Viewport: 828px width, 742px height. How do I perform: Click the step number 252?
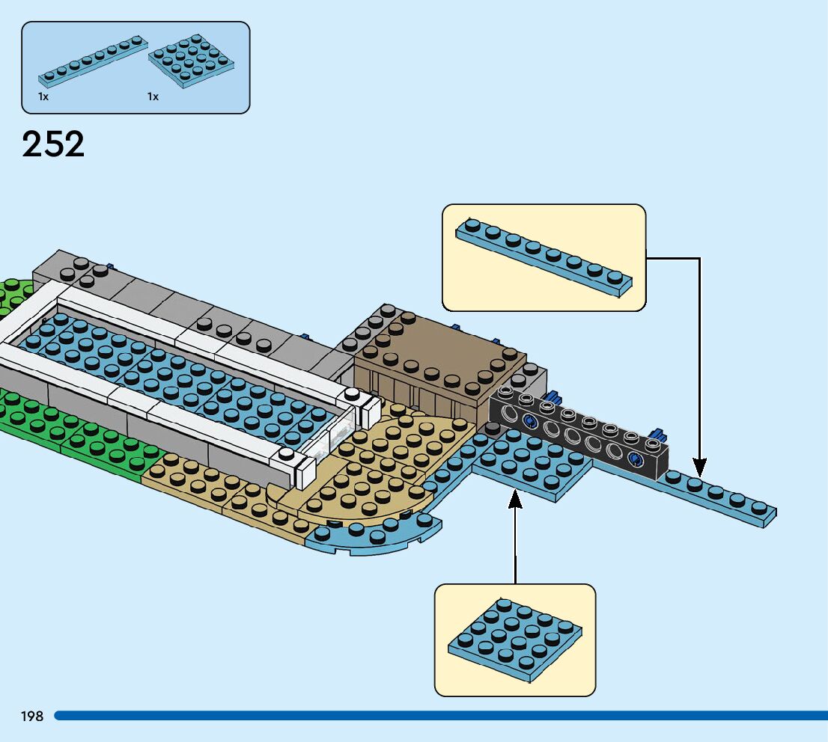click(x=53, y=144)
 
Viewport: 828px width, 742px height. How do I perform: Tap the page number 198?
click(x=32, y=717)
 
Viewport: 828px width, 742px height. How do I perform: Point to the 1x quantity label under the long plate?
click(x=43, y=97)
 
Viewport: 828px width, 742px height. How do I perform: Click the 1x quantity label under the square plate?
click(x=153, y=97)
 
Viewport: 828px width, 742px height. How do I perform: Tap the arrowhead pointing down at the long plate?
click(x=699, y=467)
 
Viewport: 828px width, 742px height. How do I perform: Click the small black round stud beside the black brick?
click(x=492, y=429)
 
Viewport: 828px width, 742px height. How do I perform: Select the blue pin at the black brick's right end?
click(x=658, y=435)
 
